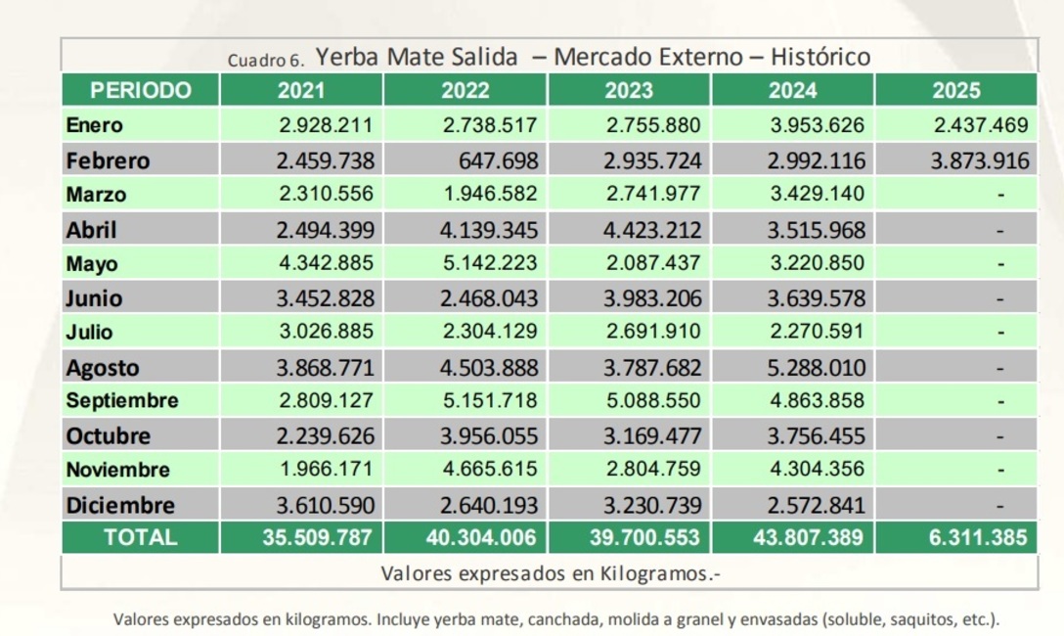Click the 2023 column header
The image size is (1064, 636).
click(629, 91)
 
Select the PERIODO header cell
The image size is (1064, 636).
click(141, 91)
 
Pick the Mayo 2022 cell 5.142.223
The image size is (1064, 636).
click(489, 264)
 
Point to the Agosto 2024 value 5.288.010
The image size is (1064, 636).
click(817, 369)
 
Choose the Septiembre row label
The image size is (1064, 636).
click(122, 401)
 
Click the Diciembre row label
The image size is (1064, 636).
click(120, 506)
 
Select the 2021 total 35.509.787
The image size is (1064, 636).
click(317, 537)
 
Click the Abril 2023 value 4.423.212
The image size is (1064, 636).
click(652, 230)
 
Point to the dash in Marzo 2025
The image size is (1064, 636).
click(1000, 195)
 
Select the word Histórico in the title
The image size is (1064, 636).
click(820, 57)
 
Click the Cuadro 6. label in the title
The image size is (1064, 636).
click(266, 60)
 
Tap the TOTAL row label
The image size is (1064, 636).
click(141, 537)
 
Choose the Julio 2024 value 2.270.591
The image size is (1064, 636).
click(817, 333)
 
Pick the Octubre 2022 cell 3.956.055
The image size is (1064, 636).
click(489, 436)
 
